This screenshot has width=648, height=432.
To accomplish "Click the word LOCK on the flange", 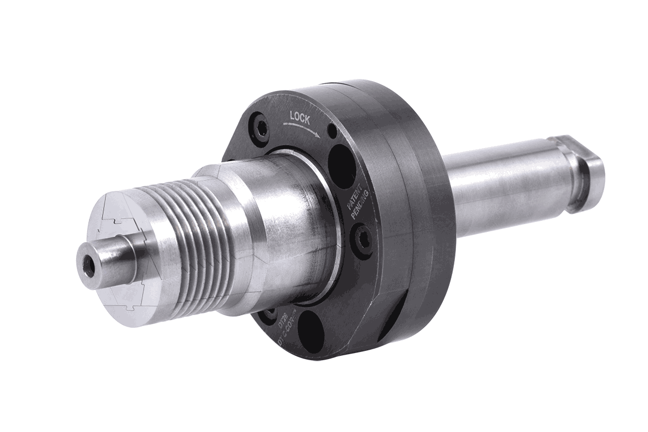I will [300, 117].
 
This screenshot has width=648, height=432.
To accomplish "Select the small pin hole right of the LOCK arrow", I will [331, 132].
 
